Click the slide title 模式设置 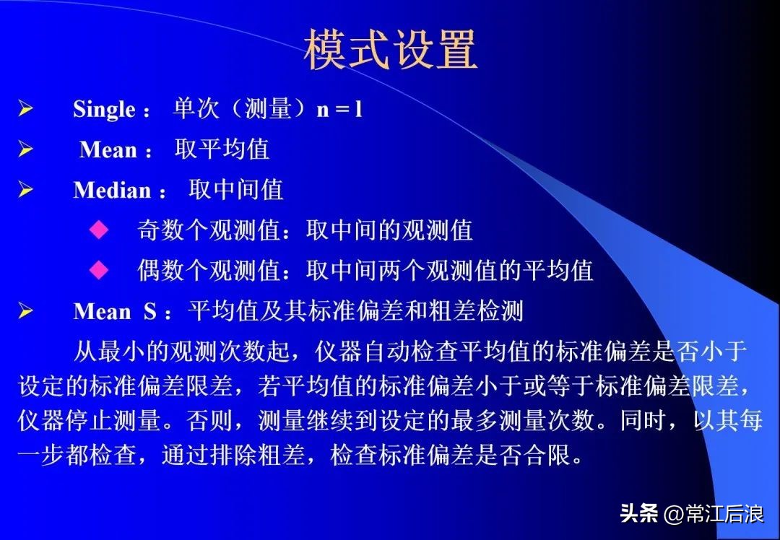point(390,50)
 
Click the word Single point(104,110)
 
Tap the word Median point(112,191)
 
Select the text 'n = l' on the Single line point(339,109)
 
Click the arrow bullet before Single point(26,110)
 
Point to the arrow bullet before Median point(26,191)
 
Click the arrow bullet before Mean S point(26,312)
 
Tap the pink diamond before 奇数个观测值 point(98,230)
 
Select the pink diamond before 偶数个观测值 point(98,271)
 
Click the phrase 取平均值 point(222,149)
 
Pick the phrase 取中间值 point(236,190)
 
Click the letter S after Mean point(150,312)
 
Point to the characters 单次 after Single point(196,109)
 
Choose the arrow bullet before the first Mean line point(26,150)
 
